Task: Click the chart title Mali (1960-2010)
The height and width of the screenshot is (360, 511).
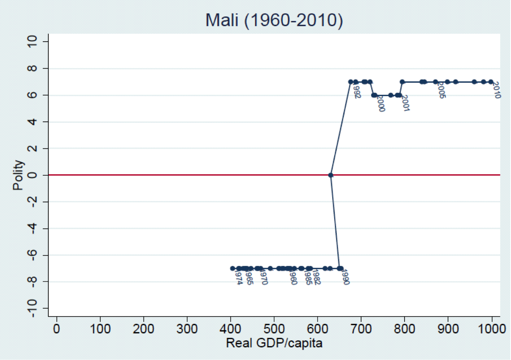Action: (x=274, y=20)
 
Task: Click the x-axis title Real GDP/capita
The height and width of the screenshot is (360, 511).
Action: (x=274, y=342)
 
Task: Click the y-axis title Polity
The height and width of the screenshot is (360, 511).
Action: (x=18, y=175)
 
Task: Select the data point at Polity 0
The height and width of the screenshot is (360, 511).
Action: (x=330, y=175)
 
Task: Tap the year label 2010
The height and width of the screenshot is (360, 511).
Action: (x=496, y=90)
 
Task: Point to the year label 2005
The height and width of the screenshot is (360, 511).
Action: (x=441, y=90)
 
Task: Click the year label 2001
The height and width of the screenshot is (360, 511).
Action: (x=405, y=103)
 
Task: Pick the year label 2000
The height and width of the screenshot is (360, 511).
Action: (x=380, y=103)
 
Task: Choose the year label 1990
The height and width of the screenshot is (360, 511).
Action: (x=345, y=277)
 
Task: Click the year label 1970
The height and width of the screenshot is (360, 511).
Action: (x=263, y=277)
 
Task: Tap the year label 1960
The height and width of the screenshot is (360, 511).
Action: (x=293, y=277)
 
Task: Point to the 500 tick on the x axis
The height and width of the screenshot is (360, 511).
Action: (x=274, y=329)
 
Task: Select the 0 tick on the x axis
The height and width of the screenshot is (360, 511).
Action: (x=56, y=329)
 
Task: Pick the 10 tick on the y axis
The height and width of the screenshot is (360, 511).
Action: (x=33, y=41)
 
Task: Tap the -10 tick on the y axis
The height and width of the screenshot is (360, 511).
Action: (x=33, y=308)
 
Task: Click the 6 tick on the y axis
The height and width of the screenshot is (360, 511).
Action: (x=33, y=95)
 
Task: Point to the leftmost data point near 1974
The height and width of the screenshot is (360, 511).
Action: (x=233, y=268)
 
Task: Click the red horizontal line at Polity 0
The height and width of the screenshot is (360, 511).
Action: (x=150, y=175)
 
